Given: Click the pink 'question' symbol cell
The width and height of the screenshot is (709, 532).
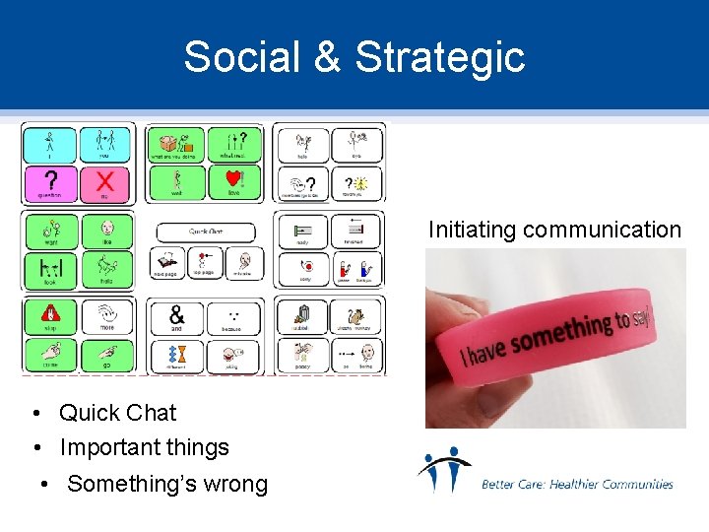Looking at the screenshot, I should pos(48,183).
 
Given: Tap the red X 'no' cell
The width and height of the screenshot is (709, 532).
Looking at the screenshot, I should pos(103,183).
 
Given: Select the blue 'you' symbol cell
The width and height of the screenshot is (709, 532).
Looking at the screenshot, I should pos(103,144).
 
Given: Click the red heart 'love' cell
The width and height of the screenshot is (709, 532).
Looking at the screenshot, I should pos(232,183).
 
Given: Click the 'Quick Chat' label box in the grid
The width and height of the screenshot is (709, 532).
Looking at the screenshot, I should pos(205,232).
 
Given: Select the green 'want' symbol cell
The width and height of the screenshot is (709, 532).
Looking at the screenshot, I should pos(48,232).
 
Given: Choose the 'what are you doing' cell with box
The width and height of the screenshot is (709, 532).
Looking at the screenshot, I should pos(176,144).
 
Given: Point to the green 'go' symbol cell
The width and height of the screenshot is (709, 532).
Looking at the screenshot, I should pos(103,355).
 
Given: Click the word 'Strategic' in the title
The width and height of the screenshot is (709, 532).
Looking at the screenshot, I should pos(439,57).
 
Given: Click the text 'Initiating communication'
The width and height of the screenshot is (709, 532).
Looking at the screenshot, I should pos(554,230).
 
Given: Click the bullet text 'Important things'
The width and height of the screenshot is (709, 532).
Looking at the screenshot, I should pos(144,447).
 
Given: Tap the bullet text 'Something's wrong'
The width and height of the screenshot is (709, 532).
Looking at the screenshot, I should pos(167,484).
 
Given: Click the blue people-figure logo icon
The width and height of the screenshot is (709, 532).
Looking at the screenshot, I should pos(443,470).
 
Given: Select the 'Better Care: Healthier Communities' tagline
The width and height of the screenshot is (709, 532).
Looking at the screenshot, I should pos(577,484).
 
